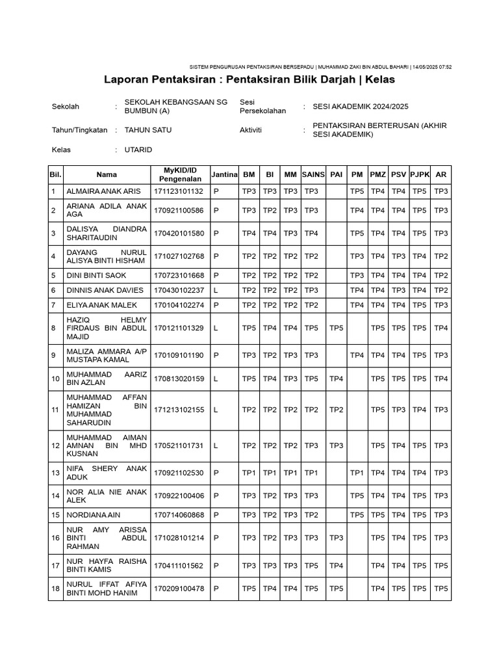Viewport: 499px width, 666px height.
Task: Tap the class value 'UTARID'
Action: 138,150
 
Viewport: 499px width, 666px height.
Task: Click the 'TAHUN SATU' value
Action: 147,129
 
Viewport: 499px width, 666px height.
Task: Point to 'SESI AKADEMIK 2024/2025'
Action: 361,106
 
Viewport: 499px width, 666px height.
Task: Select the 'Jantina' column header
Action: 224,174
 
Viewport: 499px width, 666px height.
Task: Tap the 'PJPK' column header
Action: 420,174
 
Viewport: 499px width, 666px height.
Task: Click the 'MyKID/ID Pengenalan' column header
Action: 179,174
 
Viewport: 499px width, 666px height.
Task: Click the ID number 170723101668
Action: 179,274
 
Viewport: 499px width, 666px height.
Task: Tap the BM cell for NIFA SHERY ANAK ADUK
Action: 249,472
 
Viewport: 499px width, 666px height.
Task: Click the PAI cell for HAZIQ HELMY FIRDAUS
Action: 336,328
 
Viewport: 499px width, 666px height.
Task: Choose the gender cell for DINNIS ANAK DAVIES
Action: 224,290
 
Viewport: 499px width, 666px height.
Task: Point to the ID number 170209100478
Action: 179,589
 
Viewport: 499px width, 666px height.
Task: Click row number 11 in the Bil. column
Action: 55,410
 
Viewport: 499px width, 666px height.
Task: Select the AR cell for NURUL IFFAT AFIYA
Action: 441,589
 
